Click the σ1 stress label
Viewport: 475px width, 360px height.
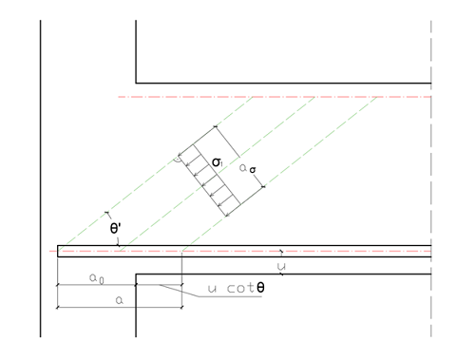pos(218,162)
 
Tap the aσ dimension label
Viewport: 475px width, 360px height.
pos(248,168)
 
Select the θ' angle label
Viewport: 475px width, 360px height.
pos(115,228)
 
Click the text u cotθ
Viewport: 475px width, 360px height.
pos(236,288)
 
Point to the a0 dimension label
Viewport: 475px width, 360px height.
pos(96,278)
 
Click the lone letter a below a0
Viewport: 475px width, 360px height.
pos(120,300)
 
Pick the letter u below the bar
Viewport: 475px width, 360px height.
pos(281,267)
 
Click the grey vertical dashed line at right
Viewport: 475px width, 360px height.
pos(431,179)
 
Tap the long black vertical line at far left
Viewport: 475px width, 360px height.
pos(41,179)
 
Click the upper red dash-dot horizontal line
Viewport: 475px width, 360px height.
pos(275,97)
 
